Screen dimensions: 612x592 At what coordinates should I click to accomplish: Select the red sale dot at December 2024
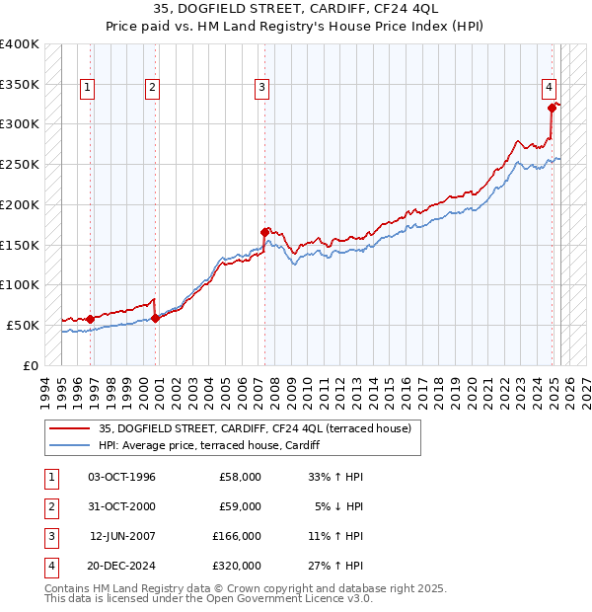(x=552, y=109)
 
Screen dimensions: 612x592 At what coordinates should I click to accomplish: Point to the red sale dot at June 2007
(x=264, y=232)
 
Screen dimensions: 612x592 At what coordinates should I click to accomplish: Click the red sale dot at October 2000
(x=155, y=318)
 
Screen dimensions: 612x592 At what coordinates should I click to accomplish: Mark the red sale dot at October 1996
(x=90, y=319)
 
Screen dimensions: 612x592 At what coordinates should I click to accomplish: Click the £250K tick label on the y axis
(x=20, y=165)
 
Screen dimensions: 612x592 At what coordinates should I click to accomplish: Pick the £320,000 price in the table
(x=237, y=566)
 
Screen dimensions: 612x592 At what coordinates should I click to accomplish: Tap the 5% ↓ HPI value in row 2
(x=340, y=506)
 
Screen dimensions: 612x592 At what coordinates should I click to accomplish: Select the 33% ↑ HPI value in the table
(x=336, y=477)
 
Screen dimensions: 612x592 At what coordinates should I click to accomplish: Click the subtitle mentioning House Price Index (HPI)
(x=295, y=28)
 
